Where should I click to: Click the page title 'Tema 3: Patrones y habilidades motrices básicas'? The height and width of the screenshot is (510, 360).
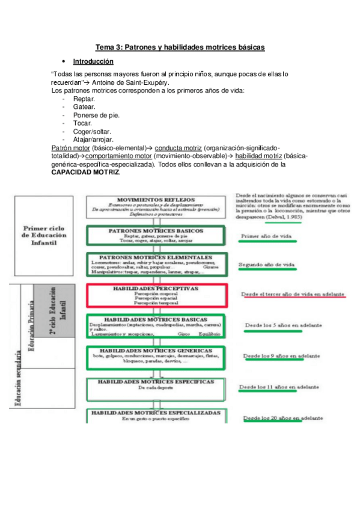[180, 47]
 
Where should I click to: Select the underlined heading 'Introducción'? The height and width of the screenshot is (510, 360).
[93, 61]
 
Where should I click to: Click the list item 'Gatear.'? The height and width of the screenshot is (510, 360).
[84, 106]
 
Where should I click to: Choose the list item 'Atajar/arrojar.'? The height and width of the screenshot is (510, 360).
[93, 140]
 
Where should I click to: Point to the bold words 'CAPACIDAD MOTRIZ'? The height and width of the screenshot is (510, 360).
[85, 172]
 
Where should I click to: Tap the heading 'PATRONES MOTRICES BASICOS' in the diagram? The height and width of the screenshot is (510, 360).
[156, 231]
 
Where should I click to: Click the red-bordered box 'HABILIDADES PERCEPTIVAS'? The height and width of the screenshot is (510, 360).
[156, 295]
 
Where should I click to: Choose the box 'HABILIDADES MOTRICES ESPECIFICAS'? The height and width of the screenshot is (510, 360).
[156, 384]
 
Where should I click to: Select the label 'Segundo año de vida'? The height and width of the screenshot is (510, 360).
[266, 264]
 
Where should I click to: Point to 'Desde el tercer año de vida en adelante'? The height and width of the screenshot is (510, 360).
[293, 294]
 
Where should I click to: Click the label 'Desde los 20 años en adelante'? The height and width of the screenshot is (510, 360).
[282, 417]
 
